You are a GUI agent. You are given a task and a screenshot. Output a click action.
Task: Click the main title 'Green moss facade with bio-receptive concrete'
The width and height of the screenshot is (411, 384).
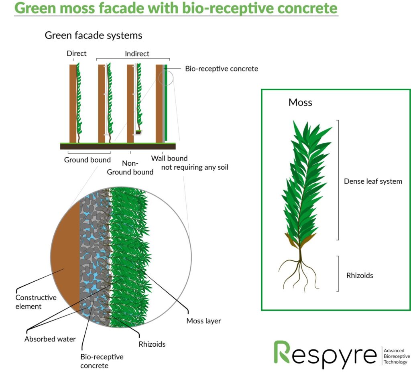(176, 8)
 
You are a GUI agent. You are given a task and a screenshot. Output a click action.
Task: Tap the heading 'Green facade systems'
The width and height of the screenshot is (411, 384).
(93, 35)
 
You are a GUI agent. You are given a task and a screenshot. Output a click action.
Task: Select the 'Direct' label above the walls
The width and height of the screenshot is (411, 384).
(77, 53)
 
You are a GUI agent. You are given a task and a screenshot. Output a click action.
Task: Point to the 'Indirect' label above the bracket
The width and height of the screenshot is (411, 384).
(137, 54)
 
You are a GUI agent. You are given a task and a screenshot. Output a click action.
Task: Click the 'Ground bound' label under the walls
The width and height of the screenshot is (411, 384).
(87, 160)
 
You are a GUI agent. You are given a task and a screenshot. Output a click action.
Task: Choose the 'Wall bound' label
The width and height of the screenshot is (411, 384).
(169, 158)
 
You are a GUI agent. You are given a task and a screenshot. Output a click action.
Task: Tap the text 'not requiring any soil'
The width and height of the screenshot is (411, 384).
(195, 167)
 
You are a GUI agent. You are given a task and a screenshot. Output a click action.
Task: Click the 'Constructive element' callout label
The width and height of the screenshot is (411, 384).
(36, 302)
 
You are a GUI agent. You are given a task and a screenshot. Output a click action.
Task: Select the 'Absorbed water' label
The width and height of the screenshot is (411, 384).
(50, 339)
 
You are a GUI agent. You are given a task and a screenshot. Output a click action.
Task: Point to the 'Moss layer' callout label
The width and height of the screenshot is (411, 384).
(203, 321)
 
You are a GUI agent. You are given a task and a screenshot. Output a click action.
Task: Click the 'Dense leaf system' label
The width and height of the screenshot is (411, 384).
(373, 181)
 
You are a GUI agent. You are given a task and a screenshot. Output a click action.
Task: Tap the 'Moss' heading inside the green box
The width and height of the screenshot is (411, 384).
(300, 102)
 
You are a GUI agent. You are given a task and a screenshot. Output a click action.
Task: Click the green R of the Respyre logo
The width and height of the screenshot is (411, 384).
(282, 352)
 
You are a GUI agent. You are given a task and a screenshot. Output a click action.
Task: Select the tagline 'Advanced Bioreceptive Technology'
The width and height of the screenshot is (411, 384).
(397, 356)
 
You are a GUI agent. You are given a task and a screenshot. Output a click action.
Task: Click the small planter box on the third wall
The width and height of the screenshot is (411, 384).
(138, 132)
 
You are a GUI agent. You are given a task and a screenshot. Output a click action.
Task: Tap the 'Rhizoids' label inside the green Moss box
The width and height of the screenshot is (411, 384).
(360, 276)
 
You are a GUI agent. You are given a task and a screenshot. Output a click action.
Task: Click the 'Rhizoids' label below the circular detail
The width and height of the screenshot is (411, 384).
(152, 344)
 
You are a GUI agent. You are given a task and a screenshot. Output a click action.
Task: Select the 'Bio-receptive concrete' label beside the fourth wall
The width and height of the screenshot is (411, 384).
(222, 69)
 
